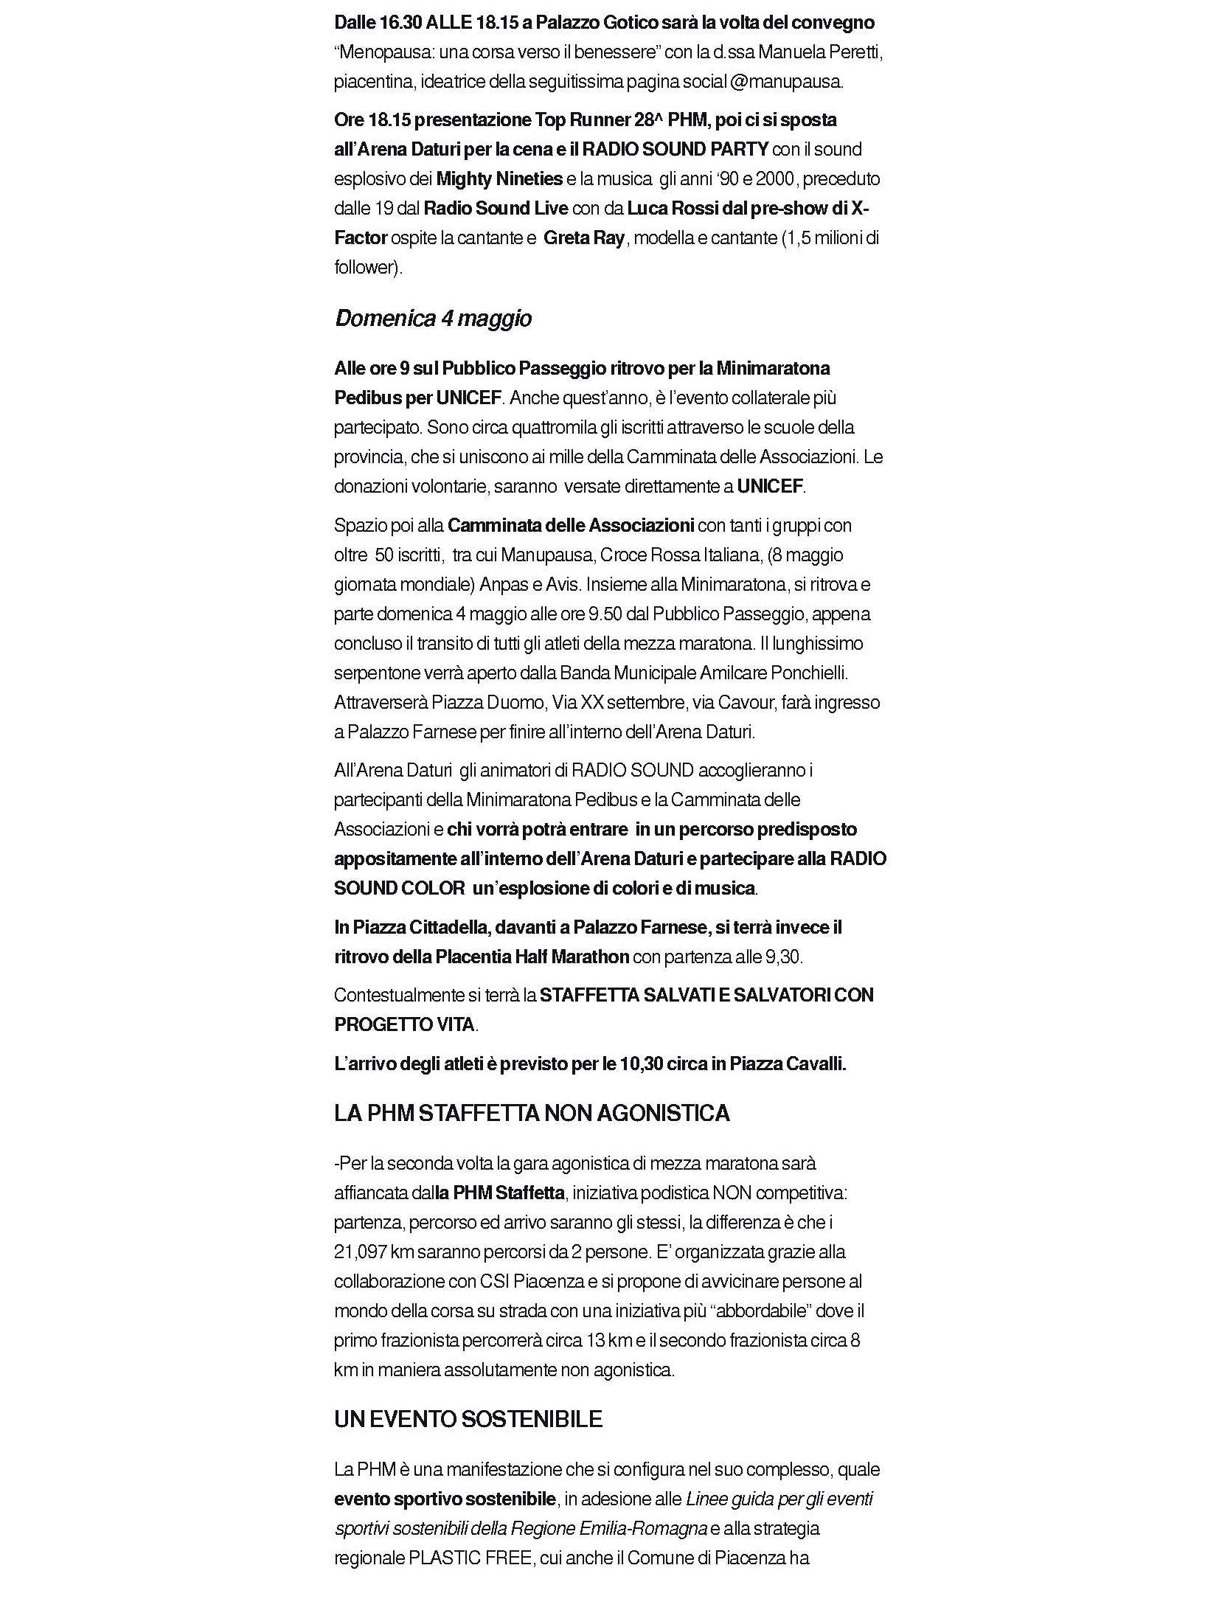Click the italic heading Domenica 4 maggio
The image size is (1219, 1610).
pos(433,319)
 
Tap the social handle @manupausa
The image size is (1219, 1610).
pos(785,82)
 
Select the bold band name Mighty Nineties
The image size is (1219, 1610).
pos(499,179)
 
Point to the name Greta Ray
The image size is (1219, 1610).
pos(584,238)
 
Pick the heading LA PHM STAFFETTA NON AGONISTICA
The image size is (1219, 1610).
pos(532,1113)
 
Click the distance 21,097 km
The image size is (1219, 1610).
pos(371,1252)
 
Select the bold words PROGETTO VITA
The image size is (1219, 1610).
pos(404,1024)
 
